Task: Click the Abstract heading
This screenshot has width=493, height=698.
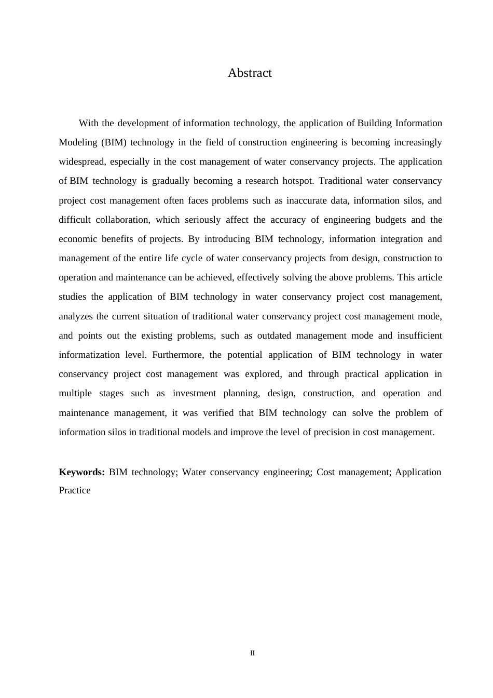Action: (250, 73)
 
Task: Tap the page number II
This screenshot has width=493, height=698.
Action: (252, 653)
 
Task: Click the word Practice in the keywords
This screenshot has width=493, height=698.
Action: (75, 490)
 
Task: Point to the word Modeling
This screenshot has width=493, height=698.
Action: (78, 142)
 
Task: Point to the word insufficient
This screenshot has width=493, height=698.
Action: (419, 335)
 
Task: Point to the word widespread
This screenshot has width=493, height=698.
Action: (82, 162)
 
